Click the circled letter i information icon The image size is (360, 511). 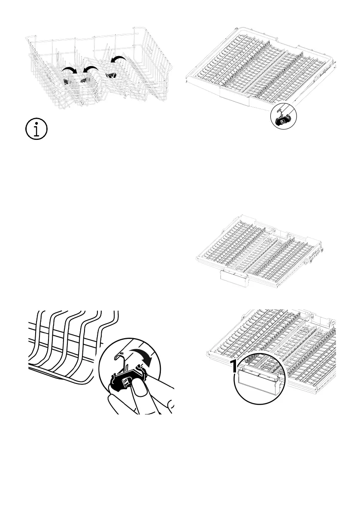pos(36,129)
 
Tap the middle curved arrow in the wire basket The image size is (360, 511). pos(91,69)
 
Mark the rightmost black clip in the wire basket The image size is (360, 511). pos(111,76)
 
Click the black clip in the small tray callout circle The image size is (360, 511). pos(283,120)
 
